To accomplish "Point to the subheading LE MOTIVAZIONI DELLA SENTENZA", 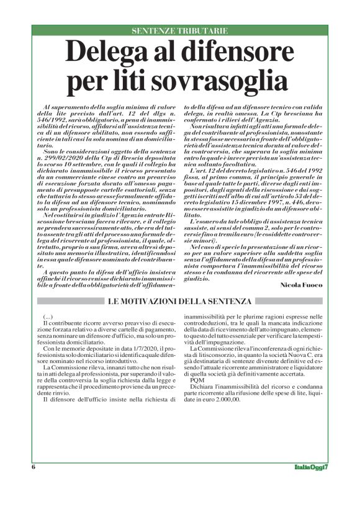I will coord(180,302).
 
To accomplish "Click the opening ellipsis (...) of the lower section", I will coord(49,317).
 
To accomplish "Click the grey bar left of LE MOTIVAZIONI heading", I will coord(68,302).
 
